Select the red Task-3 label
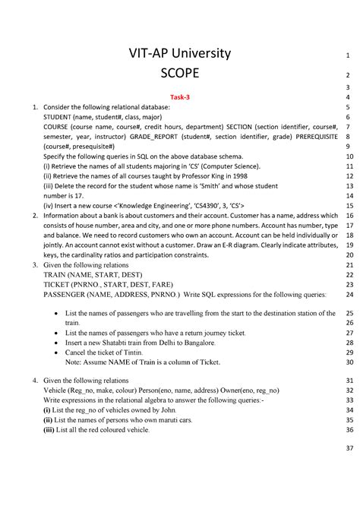180,98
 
